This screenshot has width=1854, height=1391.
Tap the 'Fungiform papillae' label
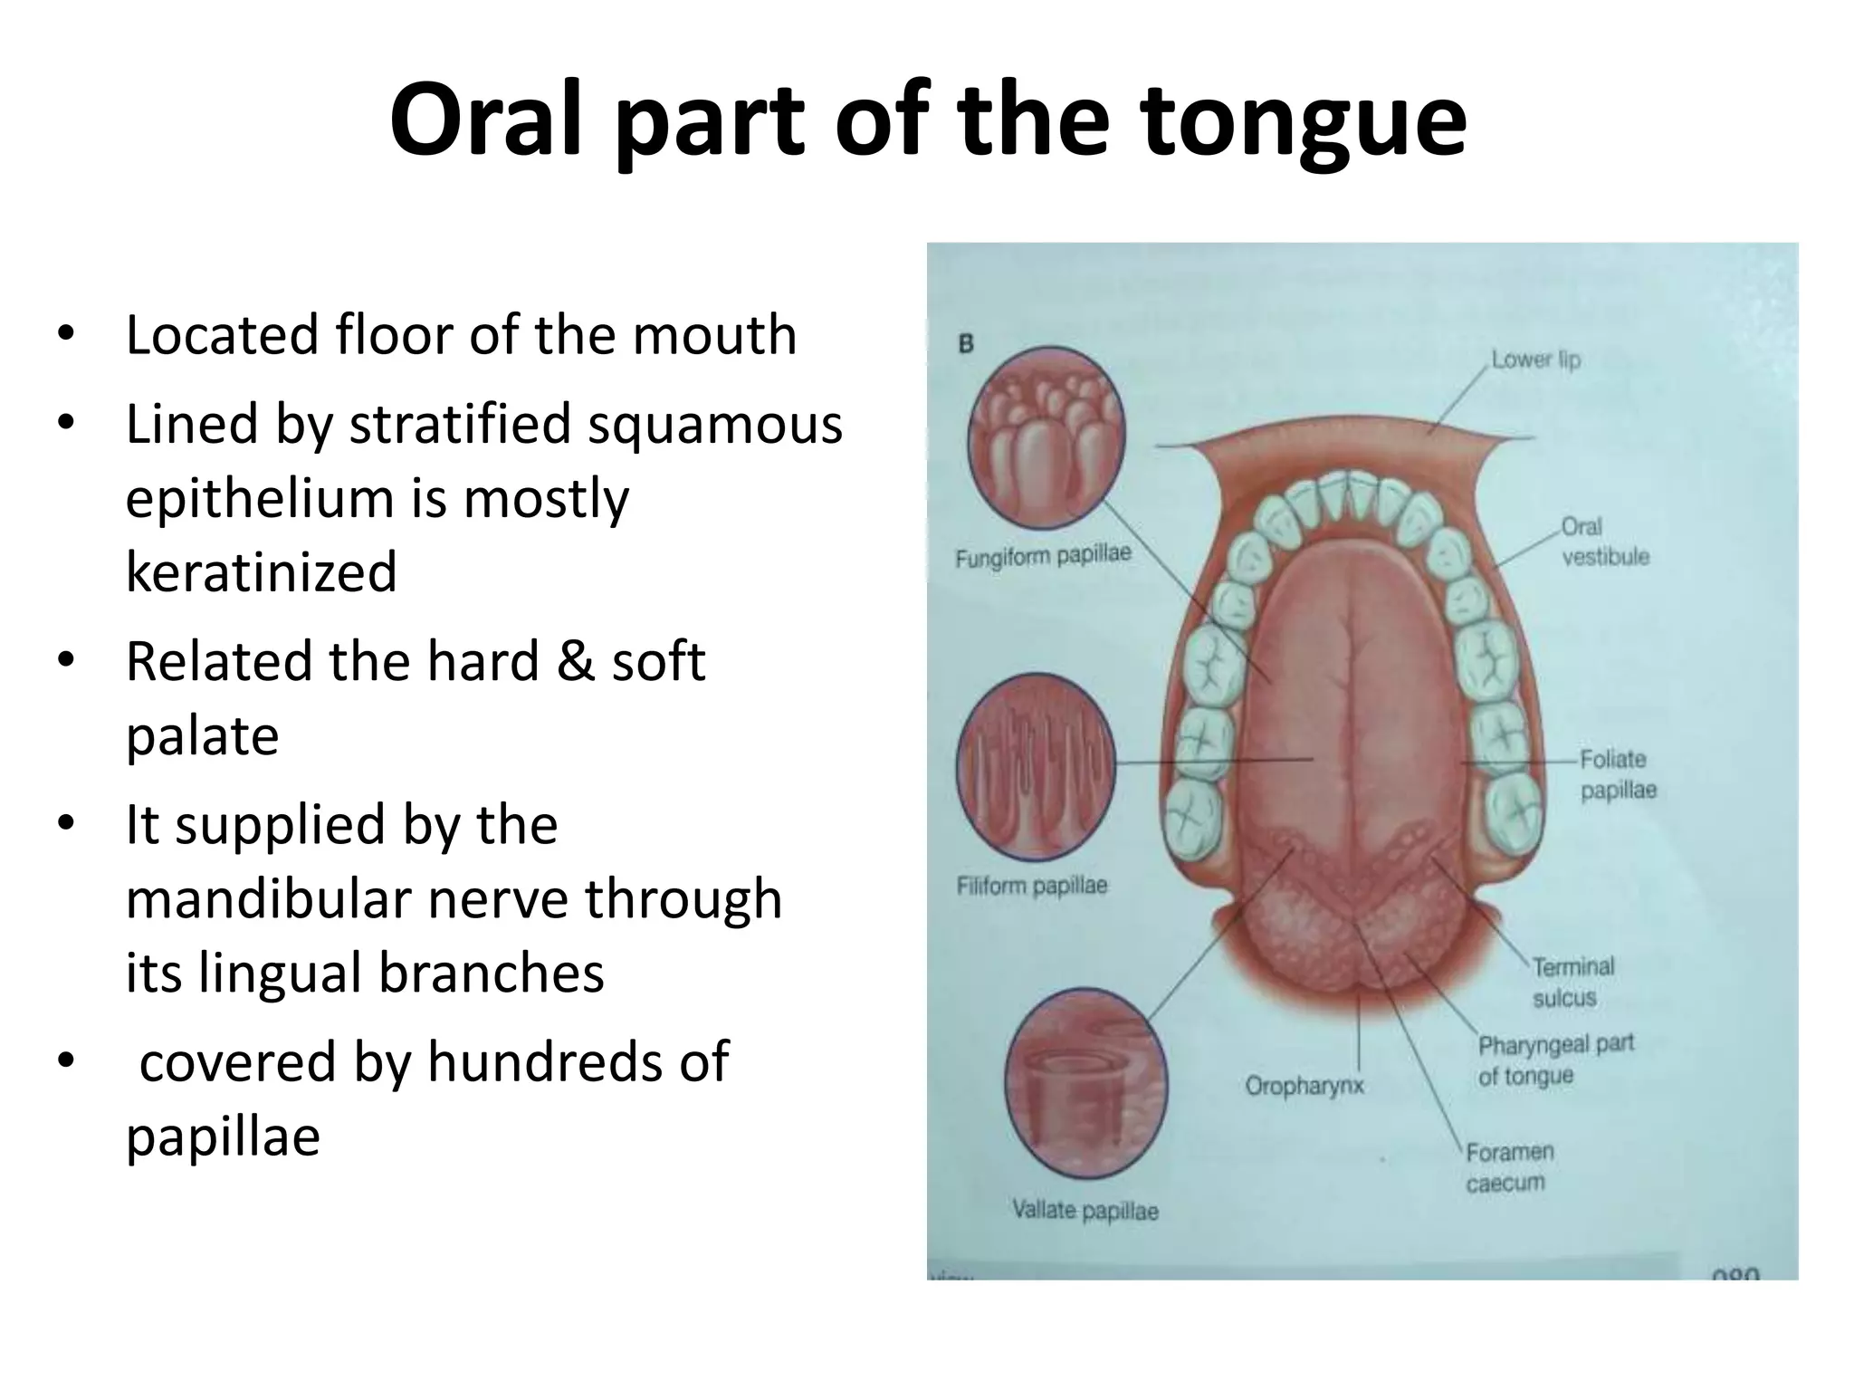click(x=1043, y=555)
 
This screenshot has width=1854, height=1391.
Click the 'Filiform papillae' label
click(x=1032, y=885)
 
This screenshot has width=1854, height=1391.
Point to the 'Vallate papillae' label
click(x=1085, y=1210)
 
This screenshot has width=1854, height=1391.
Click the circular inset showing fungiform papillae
click(x=1046, y=439)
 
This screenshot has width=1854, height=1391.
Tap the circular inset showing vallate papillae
click(x=1085, y=1085)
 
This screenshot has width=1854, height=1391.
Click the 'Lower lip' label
click(x=1535, y=360)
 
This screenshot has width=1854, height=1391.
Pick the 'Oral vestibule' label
click(x=1604, y=542)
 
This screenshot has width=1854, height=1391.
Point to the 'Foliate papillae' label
click(x=1617, y=774)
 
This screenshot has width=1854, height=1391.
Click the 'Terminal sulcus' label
click(x=1572, y=982)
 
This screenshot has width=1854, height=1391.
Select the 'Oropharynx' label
click(x=1304, y=1085)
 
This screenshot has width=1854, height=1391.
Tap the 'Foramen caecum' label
click(x=1508, y=1167)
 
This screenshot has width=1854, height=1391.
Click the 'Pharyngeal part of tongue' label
click(x=1553, y=1060)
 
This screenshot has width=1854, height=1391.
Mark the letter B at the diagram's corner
click(x=966, y=344)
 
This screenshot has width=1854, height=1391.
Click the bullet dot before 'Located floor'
click(x=64, y=334)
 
